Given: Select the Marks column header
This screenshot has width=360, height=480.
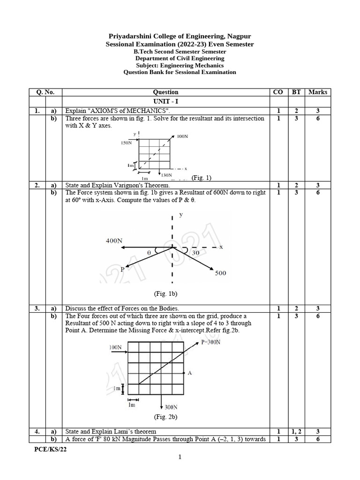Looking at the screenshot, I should point(318,92).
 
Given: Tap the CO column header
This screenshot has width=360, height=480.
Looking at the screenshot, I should point(278,92).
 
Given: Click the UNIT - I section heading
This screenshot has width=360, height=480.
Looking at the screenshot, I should point(165,101).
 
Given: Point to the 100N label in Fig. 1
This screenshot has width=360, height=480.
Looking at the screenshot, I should point(182,136).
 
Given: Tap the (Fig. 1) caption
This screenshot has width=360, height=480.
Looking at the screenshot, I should point(202,178).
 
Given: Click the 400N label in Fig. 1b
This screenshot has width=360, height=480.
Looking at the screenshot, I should point(113,240).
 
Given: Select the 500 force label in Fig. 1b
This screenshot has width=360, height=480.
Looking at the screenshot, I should point(220,273).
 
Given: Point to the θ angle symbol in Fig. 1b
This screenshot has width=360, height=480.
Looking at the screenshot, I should point(149,252).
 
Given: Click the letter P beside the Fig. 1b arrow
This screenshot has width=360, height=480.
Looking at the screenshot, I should point(122,269).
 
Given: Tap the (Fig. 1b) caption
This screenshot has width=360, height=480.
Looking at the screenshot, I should point(165,294).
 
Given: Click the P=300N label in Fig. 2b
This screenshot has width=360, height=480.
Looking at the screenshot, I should point(210,342).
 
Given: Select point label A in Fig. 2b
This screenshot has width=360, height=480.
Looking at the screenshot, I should point(189,373).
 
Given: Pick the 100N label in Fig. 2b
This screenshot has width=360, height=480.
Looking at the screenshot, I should point(115,348).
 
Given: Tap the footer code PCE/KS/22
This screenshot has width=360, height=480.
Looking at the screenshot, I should point(47,449).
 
